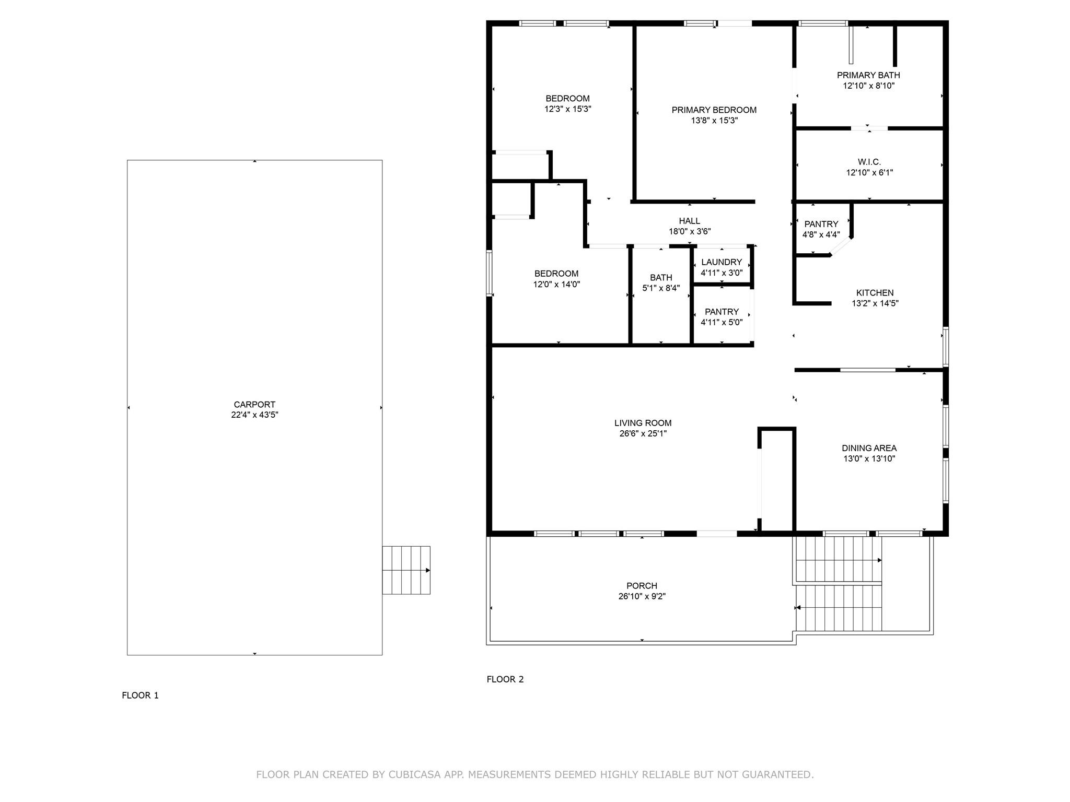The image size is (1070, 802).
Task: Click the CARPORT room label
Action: click(254, 405)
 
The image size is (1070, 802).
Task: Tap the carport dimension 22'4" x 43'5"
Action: click(254, 415)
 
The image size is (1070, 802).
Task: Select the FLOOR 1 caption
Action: click(140, 695)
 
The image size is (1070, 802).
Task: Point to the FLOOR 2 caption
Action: click(505, 679)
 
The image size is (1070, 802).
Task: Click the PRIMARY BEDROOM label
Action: click(714, 110)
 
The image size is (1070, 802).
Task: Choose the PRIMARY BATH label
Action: click(869, 75)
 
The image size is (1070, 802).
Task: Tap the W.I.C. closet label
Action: click(869, 162)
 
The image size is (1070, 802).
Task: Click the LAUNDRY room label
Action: click(722, 262)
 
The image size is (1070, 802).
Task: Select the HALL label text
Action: click(690, 221)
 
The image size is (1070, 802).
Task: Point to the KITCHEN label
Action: click(875, 293)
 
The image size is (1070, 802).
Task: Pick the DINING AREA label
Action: click(869, 448)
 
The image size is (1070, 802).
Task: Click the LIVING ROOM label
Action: click(643, 423)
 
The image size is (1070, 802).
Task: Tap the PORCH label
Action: click(642, 586)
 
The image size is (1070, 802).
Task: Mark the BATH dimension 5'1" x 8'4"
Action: click(661, 288)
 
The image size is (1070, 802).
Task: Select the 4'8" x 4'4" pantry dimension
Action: click(821, 235)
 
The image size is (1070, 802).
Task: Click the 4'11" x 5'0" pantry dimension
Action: click(722, 323)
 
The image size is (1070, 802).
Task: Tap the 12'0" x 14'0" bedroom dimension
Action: click(556, 285)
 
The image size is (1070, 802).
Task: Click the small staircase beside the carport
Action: click(406, 570)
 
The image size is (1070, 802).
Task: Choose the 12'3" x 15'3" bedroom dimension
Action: click(568, 109)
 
